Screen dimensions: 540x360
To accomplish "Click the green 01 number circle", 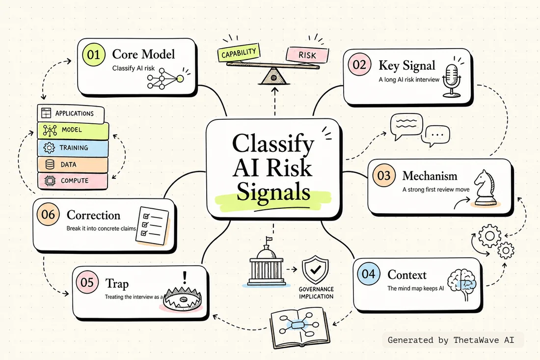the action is point(94,55).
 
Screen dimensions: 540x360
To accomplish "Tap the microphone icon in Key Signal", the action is point(452,81).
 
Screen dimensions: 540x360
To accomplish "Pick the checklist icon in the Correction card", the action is point(152,226).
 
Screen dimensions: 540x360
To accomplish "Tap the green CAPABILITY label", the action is point(239,53).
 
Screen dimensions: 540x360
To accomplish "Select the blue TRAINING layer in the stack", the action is point(73,148).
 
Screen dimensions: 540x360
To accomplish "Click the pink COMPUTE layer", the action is point(73,181).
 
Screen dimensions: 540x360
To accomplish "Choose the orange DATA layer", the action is point(73,165).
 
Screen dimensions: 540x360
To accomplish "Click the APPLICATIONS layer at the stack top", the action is point(71,113).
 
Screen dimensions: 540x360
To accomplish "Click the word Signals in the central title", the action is point(273,192).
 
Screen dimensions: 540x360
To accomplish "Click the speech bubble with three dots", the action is point(437,135).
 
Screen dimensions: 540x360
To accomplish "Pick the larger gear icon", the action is point(489,236).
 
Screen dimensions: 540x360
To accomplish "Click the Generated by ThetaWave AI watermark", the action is point(451,340).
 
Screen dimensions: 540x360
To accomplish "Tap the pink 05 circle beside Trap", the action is point(87,282).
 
